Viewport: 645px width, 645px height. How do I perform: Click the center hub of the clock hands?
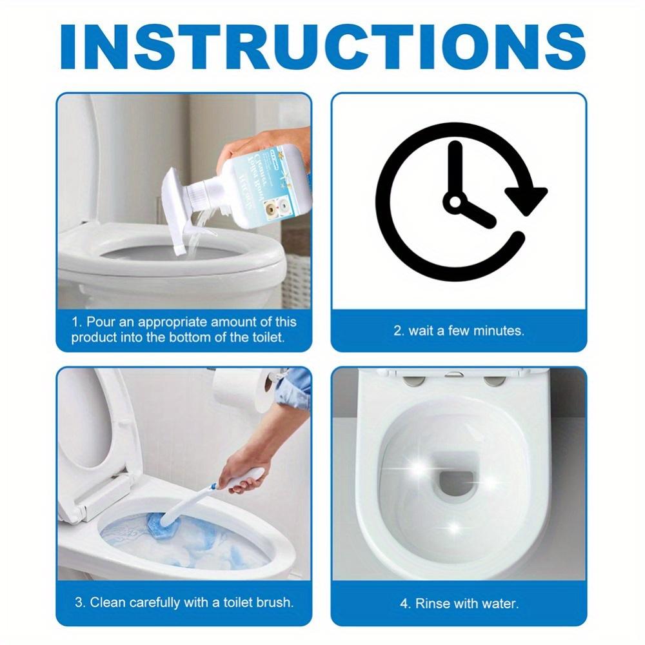pyautogui.click(x=455, y=203)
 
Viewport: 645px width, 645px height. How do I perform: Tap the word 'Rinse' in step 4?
pyautogui.click(x=430, y=604)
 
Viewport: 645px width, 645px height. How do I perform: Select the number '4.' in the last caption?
pyautogui.click(x=404, y=604)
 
